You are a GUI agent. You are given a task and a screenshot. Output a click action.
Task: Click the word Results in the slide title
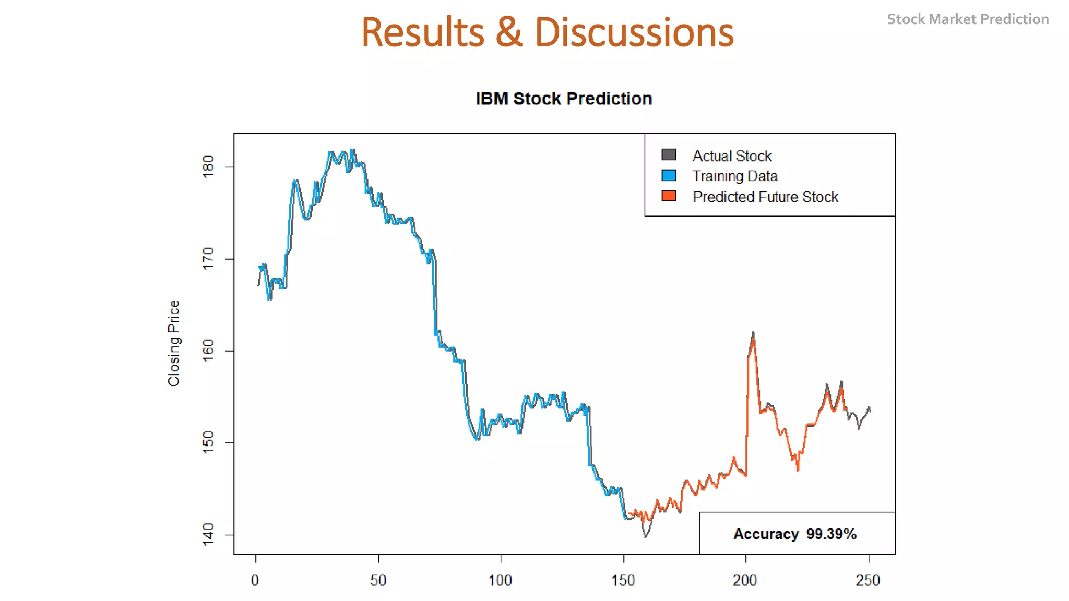pos(422,32)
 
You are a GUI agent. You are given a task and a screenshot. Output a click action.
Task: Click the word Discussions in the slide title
pos(634,32)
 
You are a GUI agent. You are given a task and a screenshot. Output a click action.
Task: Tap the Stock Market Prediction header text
pos(967,19)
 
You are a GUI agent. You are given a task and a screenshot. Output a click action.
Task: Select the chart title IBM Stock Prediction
pos(564,99)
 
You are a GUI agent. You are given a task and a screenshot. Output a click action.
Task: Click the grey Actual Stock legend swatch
pos(669,154)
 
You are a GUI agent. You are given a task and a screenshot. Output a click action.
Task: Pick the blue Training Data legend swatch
pos(669,175)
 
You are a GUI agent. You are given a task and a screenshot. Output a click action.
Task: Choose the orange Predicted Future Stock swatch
pos(669,196)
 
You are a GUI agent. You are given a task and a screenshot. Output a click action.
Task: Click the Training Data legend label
pos(734,176)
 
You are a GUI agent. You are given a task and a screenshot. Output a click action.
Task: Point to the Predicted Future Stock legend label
pos(765,197)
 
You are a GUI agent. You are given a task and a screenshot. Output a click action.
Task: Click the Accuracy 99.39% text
pos(794,534)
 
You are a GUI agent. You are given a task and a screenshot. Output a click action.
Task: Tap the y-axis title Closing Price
pos(174,343)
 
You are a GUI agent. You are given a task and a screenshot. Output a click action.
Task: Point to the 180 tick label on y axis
pos(208,167)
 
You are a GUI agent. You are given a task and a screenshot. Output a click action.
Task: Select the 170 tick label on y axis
pos(208,259)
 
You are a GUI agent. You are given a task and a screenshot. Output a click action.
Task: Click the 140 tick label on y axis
pos(208,534)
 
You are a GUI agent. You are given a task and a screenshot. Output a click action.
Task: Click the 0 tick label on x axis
pos(255,580)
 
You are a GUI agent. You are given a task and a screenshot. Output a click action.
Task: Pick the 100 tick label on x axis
pos(500,580)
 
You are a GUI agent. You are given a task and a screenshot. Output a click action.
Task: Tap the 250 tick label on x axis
pos(868,580)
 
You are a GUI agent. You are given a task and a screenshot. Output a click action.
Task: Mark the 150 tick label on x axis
pos(623,580)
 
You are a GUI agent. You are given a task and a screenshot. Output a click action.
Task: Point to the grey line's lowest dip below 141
pos(646,536)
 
